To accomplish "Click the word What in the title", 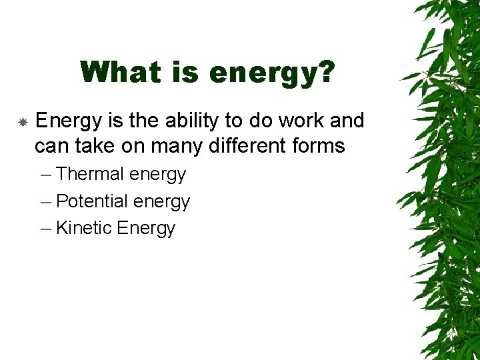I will coord(117,72).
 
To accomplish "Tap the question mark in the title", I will coord(324,72).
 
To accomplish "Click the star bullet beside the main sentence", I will coord(23,123).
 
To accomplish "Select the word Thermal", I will coord(90,174).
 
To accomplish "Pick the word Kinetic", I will coord(84,228).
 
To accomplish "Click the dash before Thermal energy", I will coord(45,175).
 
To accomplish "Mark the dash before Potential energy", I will coord(45,201).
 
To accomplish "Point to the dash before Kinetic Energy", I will coord(45,229).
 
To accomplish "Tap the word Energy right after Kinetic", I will coord(146,229).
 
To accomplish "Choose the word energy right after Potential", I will coord(162,202).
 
